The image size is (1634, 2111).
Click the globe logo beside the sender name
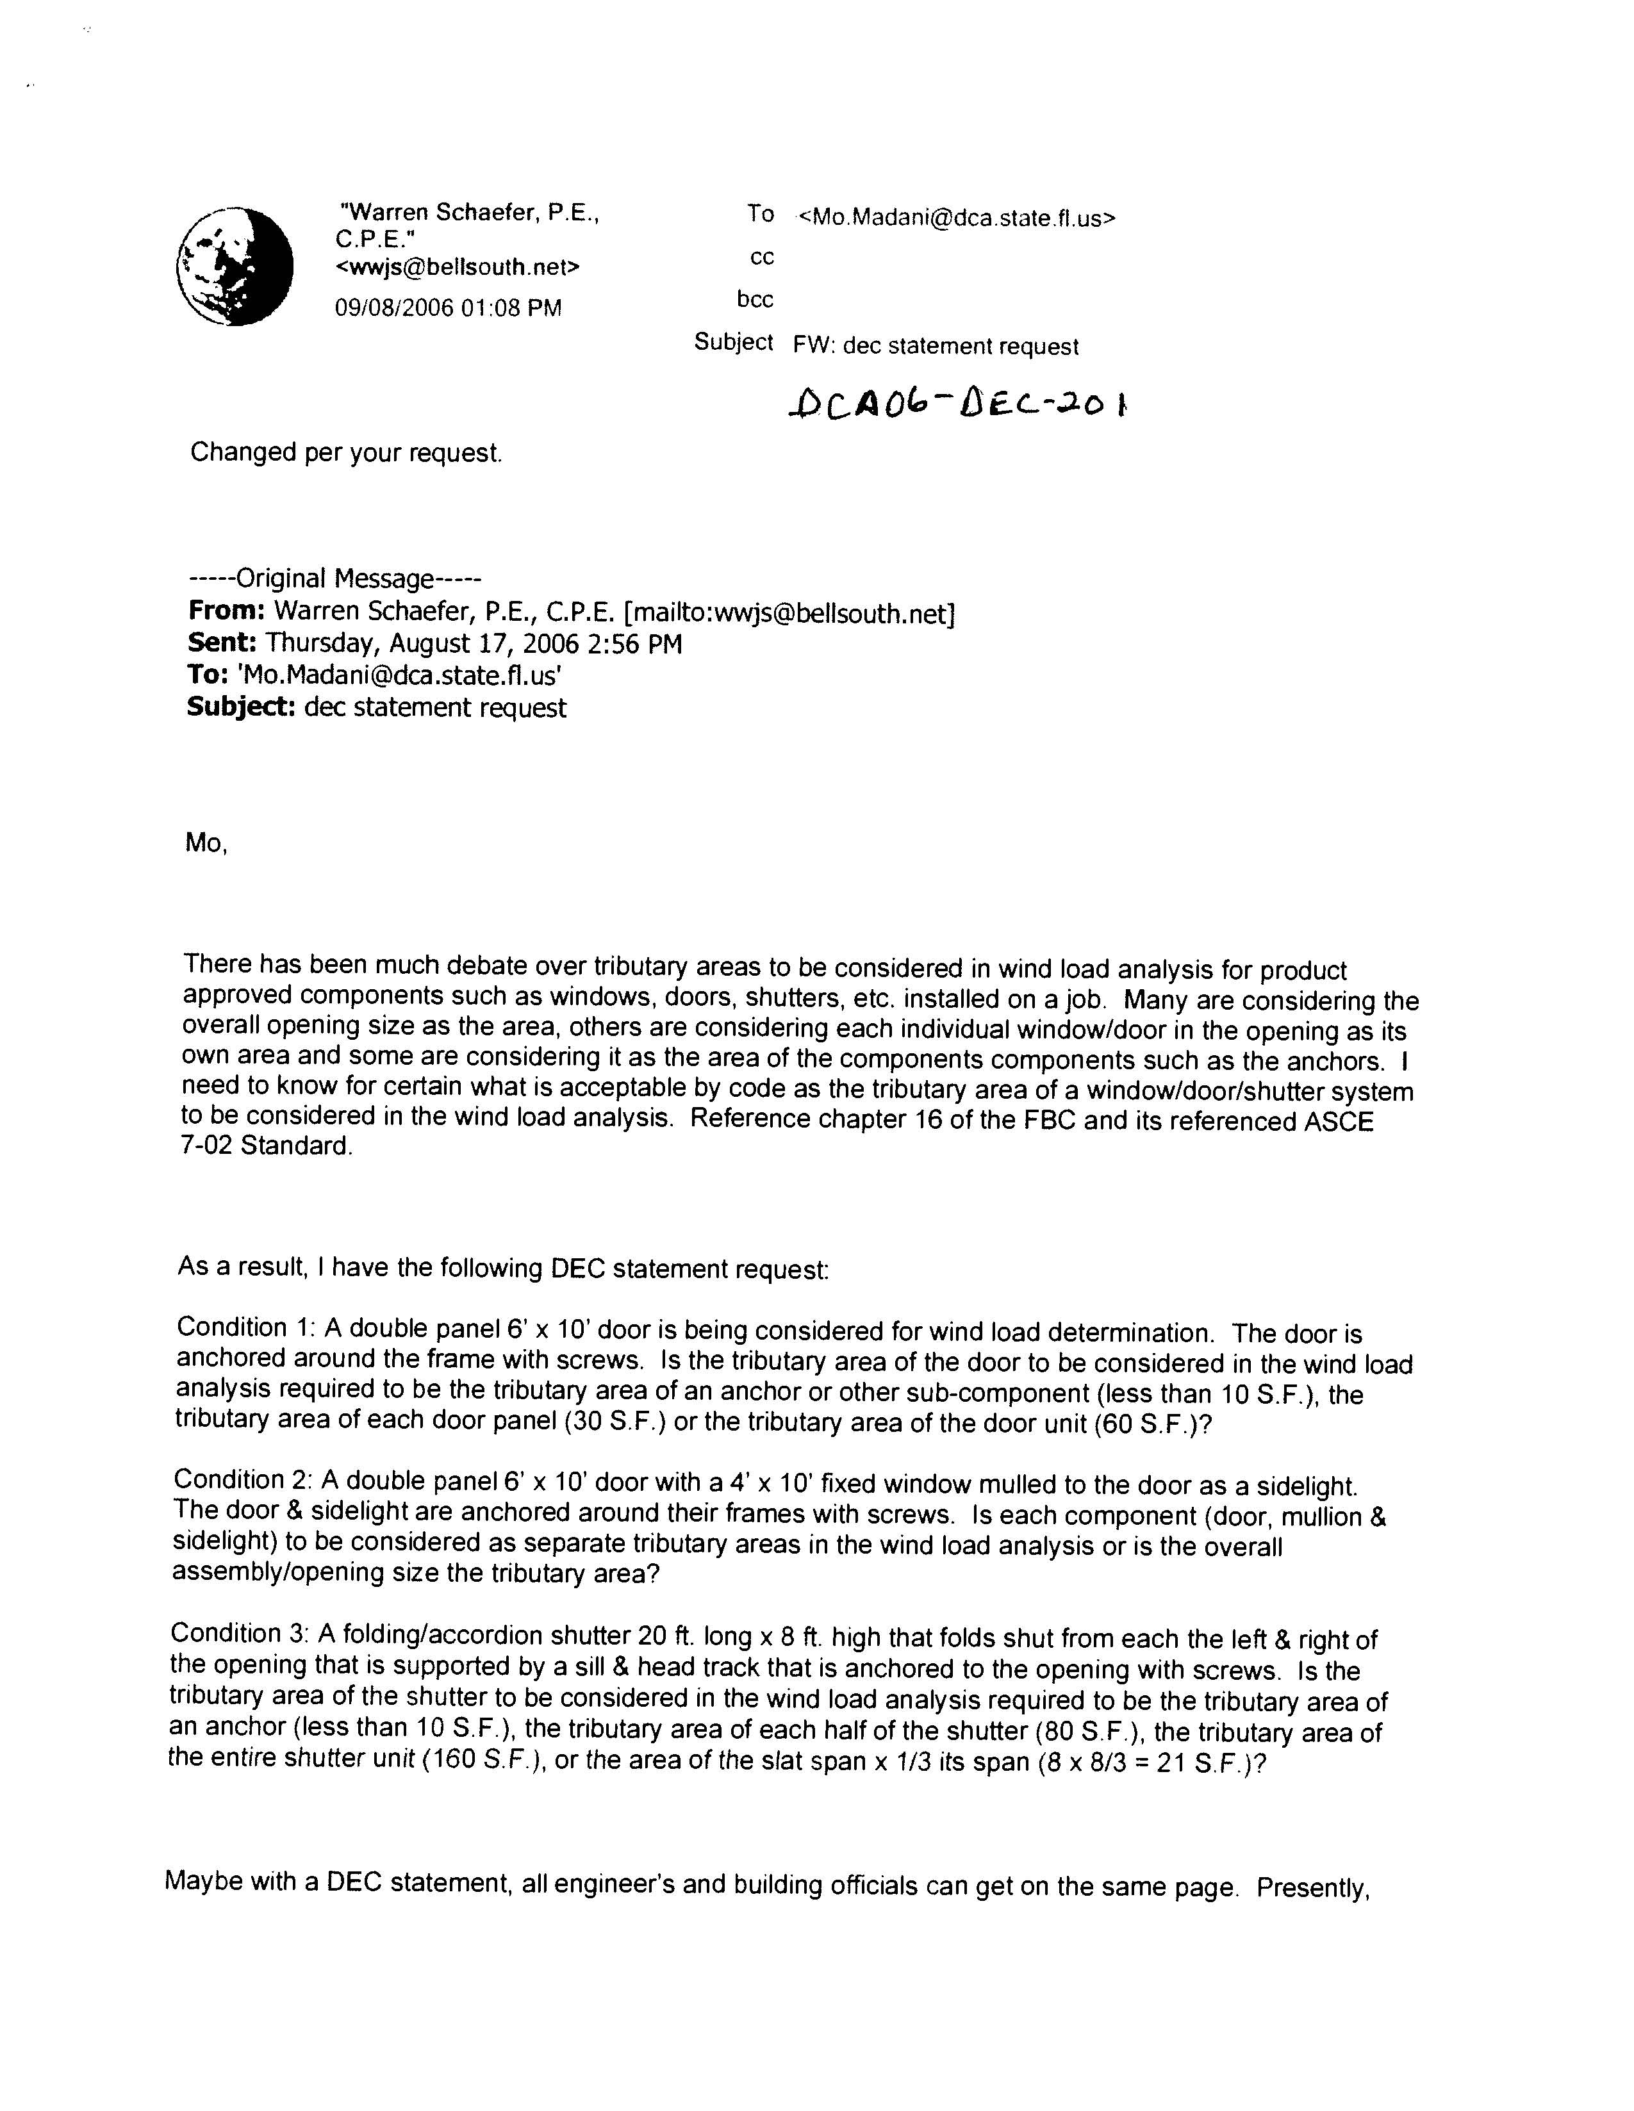(x=235, y=266)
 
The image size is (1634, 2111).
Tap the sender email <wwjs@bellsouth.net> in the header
(x=458, y=267)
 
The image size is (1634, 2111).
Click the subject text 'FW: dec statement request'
(x=935, y=346)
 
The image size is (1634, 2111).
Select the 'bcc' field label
(x=755, y=300)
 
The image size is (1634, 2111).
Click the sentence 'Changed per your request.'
(x=346, y=452)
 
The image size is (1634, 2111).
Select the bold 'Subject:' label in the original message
(x=241, y=707)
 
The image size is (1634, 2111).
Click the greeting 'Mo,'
(x=206, y=843)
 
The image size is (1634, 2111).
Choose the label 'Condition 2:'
(x=243, y=1480)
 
